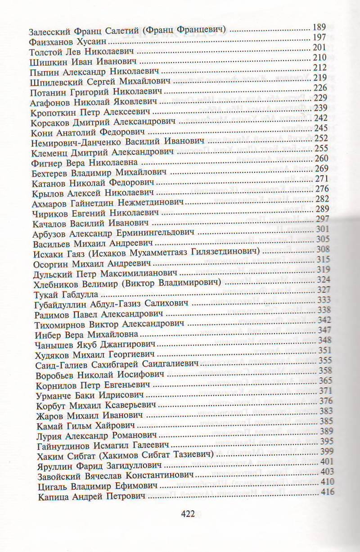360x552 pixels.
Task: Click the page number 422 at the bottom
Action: coord(187,515)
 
